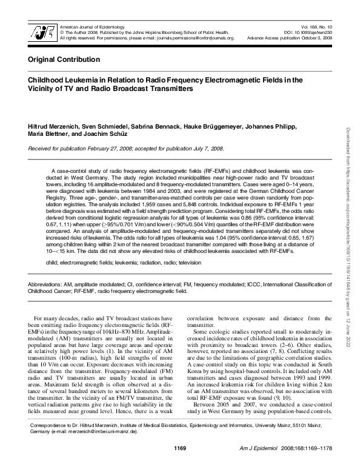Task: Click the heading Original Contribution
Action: click(x=64, y=59)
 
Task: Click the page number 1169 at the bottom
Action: click(x=179, y=465)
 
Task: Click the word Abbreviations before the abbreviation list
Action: click(x=44, y=284)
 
